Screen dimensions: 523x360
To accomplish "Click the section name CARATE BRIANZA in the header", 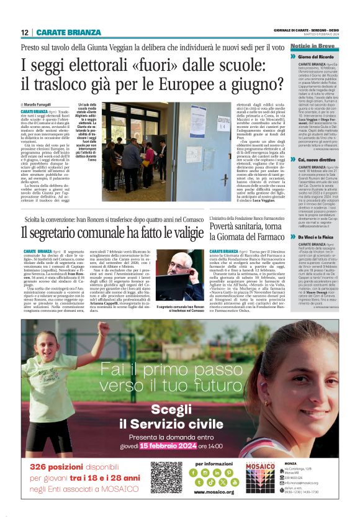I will coord(68,32).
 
